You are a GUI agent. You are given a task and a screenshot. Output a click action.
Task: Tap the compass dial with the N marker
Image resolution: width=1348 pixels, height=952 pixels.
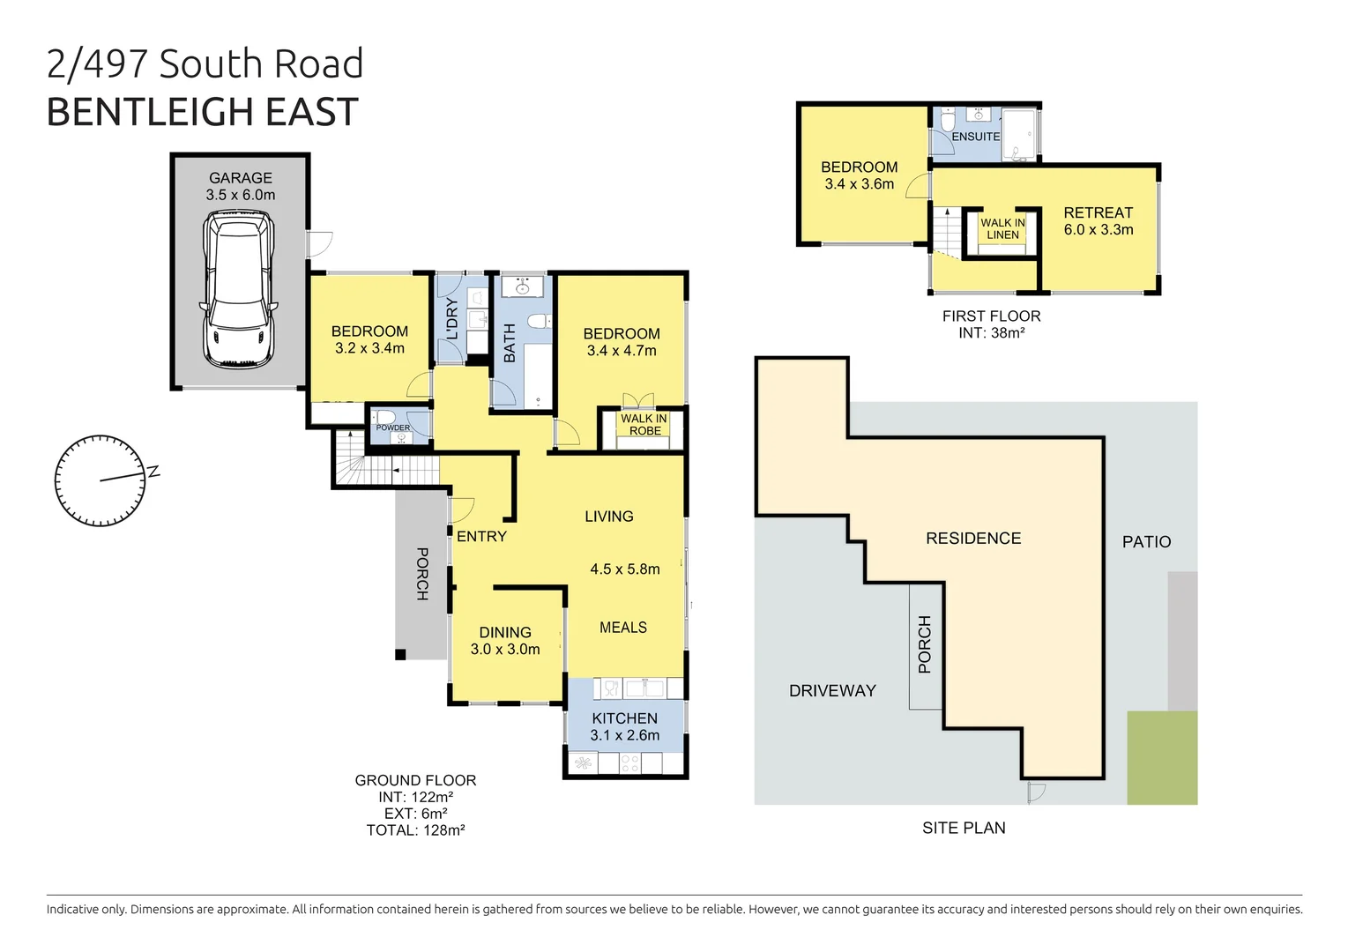coord(101,480)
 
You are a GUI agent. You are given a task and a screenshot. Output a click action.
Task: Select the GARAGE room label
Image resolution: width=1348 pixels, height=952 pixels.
coord(240,178)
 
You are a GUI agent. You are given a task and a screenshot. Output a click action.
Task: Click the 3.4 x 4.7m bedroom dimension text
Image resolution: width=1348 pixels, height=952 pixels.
coord(622,351)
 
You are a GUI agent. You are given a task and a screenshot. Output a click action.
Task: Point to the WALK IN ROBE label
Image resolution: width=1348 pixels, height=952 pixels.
coord(644,425)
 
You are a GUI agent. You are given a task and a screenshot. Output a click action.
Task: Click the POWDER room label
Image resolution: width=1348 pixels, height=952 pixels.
coord(393,428)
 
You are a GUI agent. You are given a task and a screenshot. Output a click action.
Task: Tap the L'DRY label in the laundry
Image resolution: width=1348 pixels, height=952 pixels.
coord(452,319)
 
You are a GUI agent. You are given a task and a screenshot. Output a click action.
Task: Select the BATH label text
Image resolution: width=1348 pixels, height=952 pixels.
coord(510,343)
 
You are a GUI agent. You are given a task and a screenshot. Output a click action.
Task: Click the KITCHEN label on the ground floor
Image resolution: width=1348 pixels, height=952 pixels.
coord(624,718)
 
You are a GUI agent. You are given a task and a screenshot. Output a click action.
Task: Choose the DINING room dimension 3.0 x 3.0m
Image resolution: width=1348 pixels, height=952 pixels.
coord(505,650)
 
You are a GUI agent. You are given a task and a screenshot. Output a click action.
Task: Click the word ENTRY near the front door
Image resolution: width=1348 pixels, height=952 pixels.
coord(481,536)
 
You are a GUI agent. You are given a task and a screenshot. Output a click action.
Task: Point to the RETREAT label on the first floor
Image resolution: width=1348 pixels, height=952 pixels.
coord(1098,213)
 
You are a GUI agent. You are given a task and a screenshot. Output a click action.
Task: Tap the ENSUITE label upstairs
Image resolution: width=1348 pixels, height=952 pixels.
coord(975,137)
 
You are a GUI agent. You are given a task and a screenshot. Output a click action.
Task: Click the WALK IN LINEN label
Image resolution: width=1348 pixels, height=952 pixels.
coord(1002,229)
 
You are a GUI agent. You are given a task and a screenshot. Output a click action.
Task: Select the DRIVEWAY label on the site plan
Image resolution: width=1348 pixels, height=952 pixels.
coord(832,691)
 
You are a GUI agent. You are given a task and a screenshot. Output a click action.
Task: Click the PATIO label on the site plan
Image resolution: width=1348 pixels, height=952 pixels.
coord(1146,542)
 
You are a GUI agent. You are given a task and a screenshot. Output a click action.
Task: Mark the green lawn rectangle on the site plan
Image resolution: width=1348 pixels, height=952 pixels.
coord(1162,758)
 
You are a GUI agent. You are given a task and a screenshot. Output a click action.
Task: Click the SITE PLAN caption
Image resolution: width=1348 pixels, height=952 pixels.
coord(964,828)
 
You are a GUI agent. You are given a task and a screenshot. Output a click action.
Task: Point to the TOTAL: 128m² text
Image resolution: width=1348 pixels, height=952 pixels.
coord(415,830)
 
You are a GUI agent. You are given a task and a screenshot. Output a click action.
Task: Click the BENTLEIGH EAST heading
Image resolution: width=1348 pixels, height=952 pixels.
coord(202,112)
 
